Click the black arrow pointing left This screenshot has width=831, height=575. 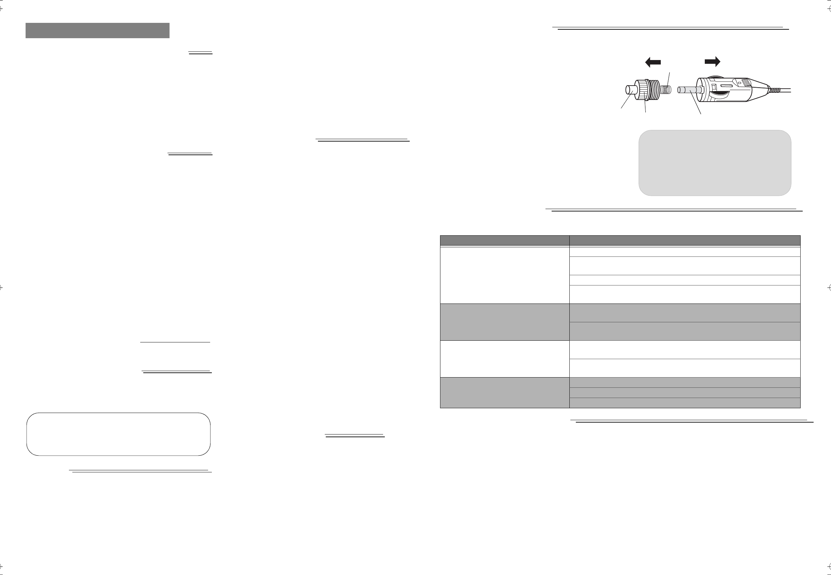(x=653, y=62)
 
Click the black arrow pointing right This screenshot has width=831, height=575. (x=712, y=62)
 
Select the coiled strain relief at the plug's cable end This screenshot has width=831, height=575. (x=774, y=90)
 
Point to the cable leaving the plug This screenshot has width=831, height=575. (x=786, y=90)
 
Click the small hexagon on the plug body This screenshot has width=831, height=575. (x=739, y=83)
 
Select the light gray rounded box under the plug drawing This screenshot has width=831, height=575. (x=714, y=163)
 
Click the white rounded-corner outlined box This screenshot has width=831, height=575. (x=118, y=434)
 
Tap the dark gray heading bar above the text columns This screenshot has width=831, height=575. (x=97, y=31)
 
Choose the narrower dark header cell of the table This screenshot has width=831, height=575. (x=505, y=241)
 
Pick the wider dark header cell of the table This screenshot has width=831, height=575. (x=685, y=241)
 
